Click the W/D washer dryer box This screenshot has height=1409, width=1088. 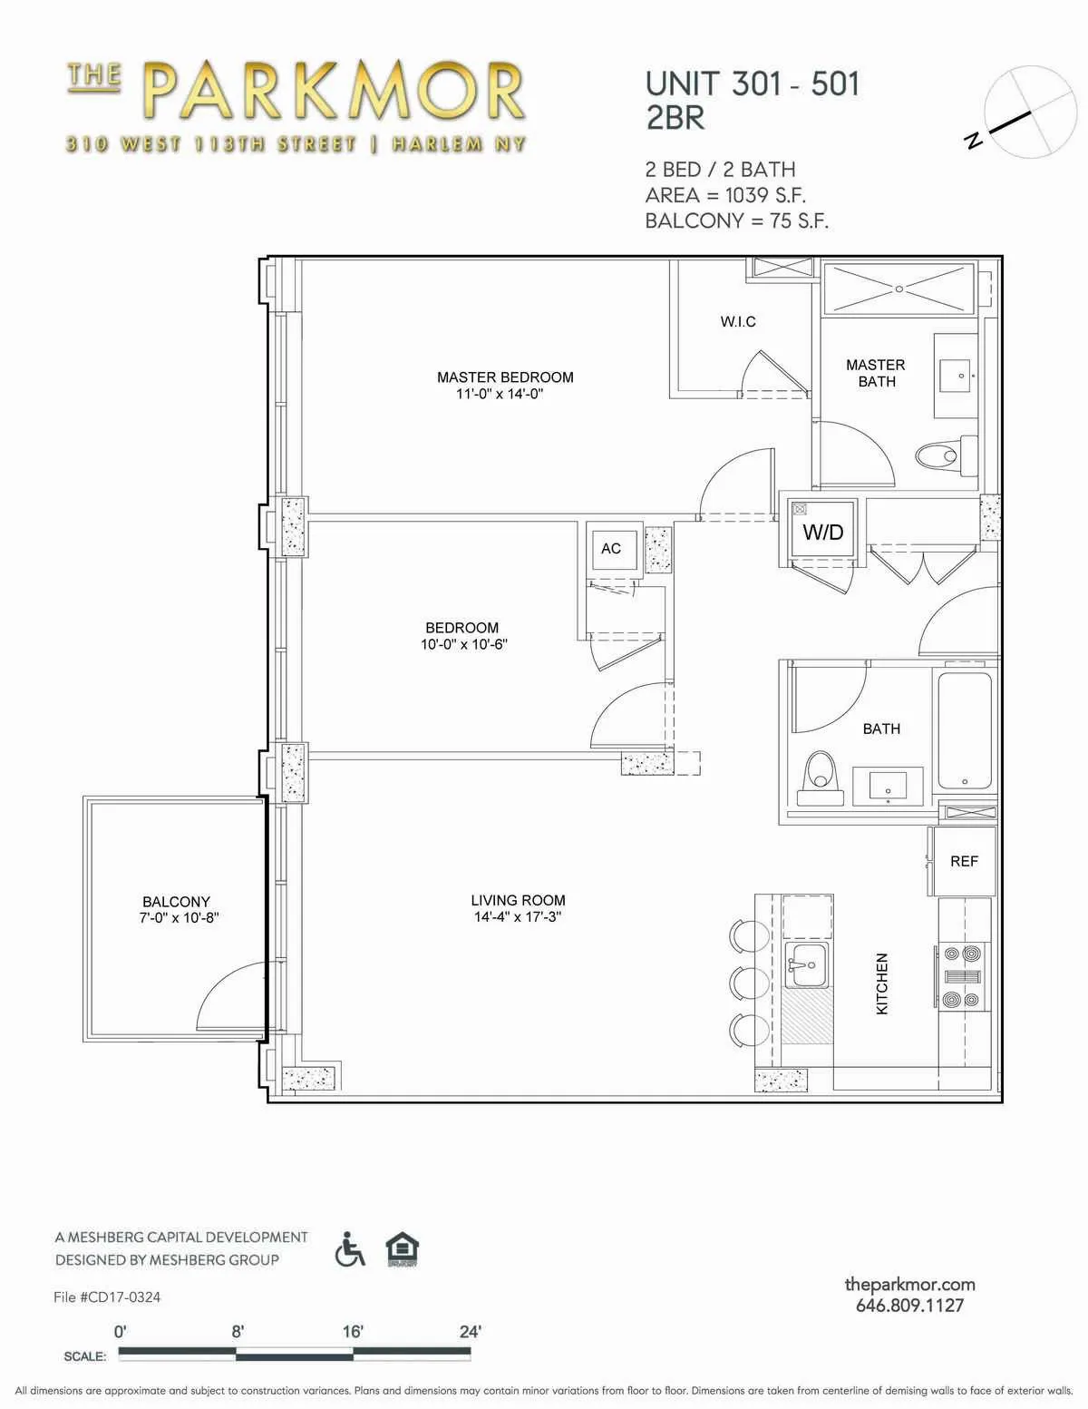[x=822, y=532]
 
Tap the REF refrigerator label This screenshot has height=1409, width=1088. [x=964, y=861]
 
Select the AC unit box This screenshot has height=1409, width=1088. [x=612, y=548]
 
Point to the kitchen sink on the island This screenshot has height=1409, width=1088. [x=806, y=962]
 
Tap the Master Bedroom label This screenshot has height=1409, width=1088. [x=505, y=377]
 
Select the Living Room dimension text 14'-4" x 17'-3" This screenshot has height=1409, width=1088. [x=518, y=917]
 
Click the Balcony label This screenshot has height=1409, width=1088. [x=176, y=901]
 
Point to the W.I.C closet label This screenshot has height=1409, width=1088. [x=738, y=321]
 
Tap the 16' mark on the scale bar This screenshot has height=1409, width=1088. [x=353, y=1332]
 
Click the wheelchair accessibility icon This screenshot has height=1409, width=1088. [x=350, y=1249]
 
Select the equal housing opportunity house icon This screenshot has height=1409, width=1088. [x=402, y=1249]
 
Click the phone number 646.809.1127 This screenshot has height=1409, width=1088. [x=909, y=1306]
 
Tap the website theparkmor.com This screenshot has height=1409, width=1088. [x=909, y=1284]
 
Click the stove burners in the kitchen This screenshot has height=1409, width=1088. [x=961, y=976]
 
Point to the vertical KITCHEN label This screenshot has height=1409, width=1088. [x=882, y=983]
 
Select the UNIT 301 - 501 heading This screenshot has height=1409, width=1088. [x=752, y=83]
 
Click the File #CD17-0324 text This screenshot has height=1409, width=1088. [x=107, y=1296]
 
